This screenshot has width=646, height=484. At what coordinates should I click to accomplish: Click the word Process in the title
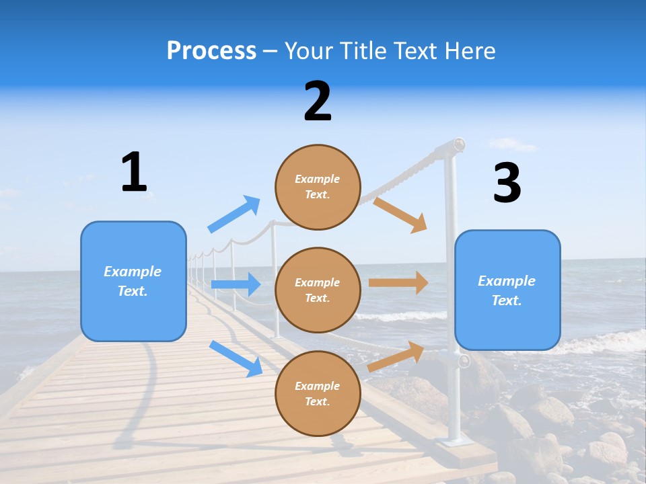211,51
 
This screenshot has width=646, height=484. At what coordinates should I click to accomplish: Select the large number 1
134,172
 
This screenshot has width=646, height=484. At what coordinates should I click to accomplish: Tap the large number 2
318,102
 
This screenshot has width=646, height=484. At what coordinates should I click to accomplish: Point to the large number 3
507,183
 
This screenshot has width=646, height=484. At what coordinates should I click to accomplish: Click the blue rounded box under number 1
133,281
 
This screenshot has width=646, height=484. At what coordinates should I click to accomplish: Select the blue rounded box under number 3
507,290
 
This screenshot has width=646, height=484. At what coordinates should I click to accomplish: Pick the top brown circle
318,187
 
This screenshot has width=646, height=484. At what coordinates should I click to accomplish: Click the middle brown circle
318,290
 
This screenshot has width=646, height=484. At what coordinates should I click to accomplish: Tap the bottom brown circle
318,393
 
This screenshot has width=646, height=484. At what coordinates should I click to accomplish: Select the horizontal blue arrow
236,284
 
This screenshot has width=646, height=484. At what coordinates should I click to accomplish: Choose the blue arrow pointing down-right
236,358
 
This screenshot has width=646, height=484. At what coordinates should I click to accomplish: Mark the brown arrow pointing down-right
401,214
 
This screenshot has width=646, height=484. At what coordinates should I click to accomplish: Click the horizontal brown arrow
398,283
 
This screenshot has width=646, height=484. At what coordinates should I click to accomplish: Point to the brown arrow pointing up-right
396,357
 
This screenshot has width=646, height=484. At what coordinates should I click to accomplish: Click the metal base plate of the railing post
457,442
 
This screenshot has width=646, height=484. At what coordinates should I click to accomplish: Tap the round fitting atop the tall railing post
458,144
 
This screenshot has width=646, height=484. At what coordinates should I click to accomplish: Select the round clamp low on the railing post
463,361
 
